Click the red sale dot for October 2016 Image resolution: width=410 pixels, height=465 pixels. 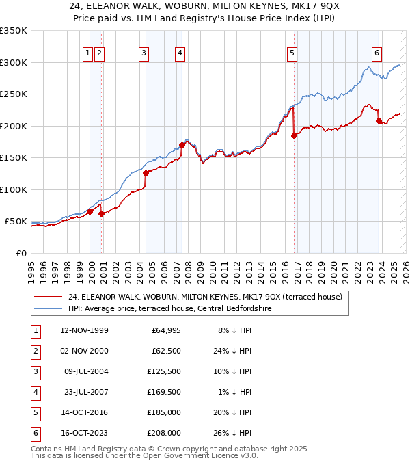click(294, 135)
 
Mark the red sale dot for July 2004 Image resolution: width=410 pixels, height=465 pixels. click(146, 173)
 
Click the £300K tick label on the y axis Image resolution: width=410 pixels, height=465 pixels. click(13, 62)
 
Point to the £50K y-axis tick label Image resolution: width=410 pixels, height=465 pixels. click(15, 222)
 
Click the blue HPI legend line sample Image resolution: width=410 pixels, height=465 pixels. click(49, 308)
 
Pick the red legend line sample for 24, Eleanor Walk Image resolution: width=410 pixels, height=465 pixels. click(49, 296)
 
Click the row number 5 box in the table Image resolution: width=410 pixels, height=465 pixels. click(35, 412)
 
